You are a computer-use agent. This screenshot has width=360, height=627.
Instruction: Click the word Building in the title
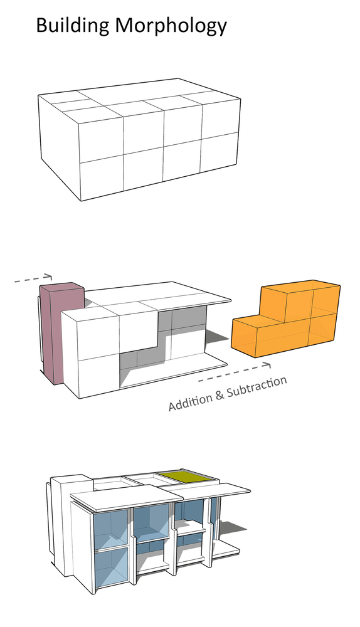tap(72, 26)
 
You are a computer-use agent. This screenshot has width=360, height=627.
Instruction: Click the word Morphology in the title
tap(171, 26)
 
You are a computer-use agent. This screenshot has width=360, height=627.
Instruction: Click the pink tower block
tap(60, 332)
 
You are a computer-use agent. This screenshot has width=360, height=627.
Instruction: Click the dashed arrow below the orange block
tap(235, 372)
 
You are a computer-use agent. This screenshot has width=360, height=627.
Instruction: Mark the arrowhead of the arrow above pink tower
tap(49, 276)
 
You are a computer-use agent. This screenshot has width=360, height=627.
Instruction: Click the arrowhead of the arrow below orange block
tap(267, 365)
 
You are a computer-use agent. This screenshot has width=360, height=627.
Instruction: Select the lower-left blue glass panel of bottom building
tap(112, 568)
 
